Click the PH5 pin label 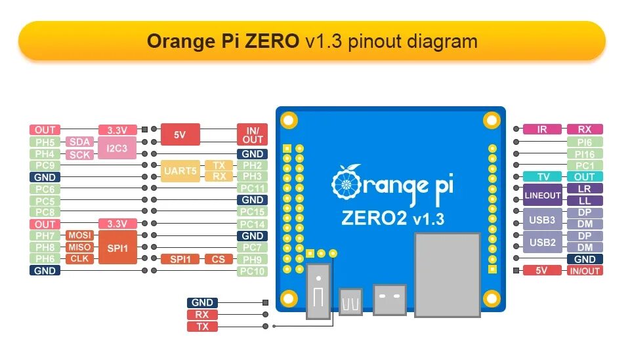45,142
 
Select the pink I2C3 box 117,148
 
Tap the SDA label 80,142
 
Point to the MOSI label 80,235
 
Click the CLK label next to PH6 80,259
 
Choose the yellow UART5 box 180,170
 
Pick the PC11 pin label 252,188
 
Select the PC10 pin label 252,271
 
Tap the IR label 541,129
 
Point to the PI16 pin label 584,153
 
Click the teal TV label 543,177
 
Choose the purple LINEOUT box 543,195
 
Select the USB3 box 543,219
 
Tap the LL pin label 584,201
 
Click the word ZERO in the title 272,41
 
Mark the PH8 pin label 45,247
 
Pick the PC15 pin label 252,212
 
